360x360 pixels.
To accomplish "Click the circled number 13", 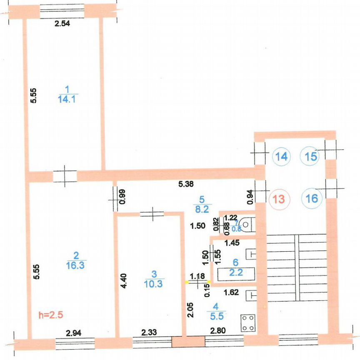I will pyautogui.click(x=279, y=199).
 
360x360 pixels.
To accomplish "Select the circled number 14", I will pyautogui.click(x=281, y=157).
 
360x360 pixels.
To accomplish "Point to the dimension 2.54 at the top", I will pyautogui.click(x=62, y=24).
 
